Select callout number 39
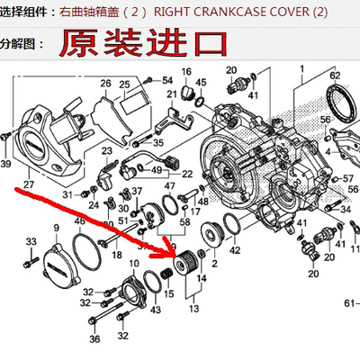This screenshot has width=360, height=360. (x=6, y=164)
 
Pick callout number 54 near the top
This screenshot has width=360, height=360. (x=167, y=81)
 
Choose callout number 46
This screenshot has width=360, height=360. (x=79, y=220)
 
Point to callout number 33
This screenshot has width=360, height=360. (x=31, y=240)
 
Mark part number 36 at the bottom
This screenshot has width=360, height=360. (x=94, y=340)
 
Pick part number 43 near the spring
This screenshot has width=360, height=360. (x=157, y=310)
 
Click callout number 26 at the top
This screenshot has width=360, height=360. (x=105, y=84)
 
